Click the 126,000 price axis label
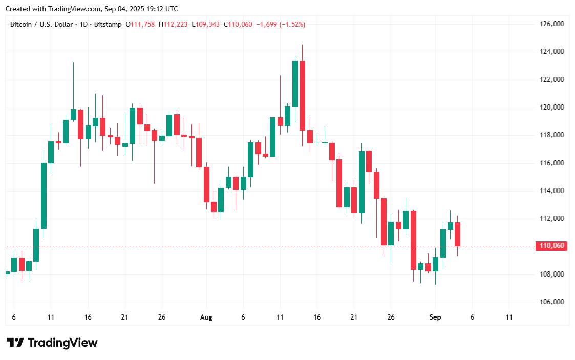pos(551,24)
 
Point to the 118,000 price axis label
pos(551,135)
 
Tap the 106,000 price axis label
pos(551,302)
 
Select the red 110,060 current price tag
pos(552,246)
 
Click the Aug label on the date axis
pos(206,317)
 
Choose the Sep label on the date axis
pos(435,317)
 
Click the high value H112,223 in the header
pos(173,24)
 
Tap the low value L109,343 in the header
pos(206,24)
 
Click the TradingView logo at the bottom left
pos(51,343)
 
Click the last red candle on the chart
pos(458,234)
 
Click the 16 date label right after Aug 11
pos(317,317)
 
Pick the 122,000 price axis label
pos(551,79)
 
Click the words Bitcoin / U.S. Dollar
pos(42,24)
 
